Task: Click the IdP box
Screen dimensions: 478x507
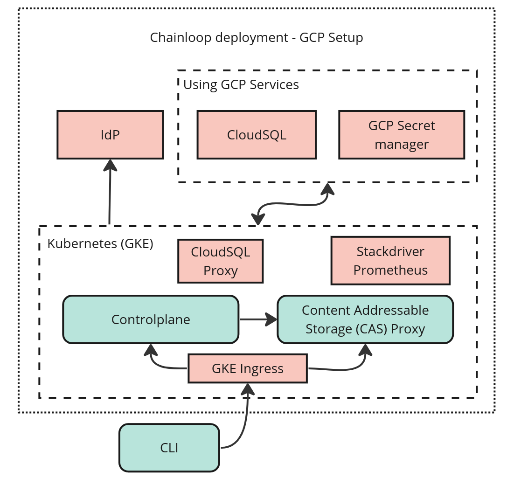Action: (x=110, y=135)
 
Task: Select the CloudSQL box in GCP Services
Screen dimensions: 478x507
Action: (x=257, y=135)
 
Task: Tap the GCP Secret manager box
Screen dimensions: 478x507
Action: (x=402, y=135)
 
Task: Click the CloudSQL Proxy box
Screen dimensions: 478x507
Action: (x=220, y=261)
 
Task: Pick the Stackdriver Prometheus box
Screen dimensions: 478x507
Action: (x=390, y=261)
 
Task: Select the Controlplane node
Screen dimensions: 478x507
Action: (x=151, y=319)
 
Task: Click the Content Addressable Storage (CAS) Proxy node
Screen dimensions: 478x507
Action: (x=365, y=319)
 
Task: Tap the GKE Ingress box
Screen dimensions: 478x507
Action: (x=248, y=368)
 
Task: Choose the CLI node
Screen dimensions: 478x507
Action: (x=169, y=448)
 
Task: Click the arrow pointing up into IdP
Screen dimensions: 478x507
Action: (x=110, y=191)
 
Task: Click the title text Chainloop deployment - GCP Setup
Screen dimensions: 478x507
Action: (x=256, y=37)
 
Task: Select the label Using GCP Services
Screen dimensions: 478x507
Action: (x=241, y=85)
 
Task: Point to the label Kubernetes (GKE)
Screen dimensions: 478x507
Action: (x=100, y=243)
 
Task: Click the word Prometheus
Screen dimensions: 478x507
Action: (x=390, y=270)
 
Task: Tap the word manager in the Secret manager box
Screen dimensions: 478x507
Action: (x=402, y=144)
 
